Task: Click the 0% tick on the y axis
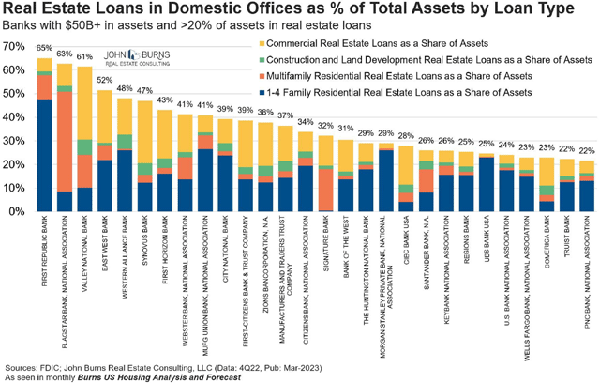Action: pyautogui.click(x=17, y=212)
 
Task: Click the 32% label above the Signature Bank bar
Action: pyautogui.click(x=325, y=126)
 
